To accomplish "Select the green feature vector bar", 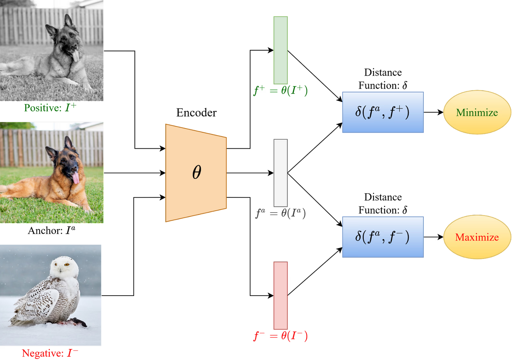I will pos(281,50).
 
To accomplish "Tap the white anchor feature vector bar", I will pos(281,173).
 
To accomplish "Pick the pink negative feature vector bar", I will pos(281,296).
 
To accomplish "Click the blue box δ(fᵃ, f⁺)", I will pos(383,112).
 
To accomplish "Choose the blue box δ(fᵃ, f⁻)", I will pos(383,237).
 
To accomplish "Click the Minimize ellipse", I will pos(477,112).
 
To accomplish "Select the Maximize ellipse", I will pos(477,237).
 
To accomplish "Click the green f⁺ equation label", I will pos(281,90).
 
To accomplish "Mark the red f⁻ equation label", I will pos(281,336).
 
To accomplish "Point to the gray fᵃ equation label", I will pos(281,213).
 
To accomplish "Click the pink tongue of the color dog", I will pos(76,178).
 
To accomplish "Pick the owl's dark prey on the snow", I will pos(78,322).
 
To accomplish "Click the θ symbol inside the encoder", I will pos(197,172).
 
